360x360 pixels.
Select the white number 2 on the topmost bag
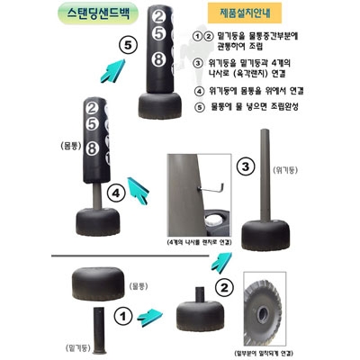coord(158,16)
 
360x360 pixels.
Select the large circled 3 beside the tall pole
coord(246,166)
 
